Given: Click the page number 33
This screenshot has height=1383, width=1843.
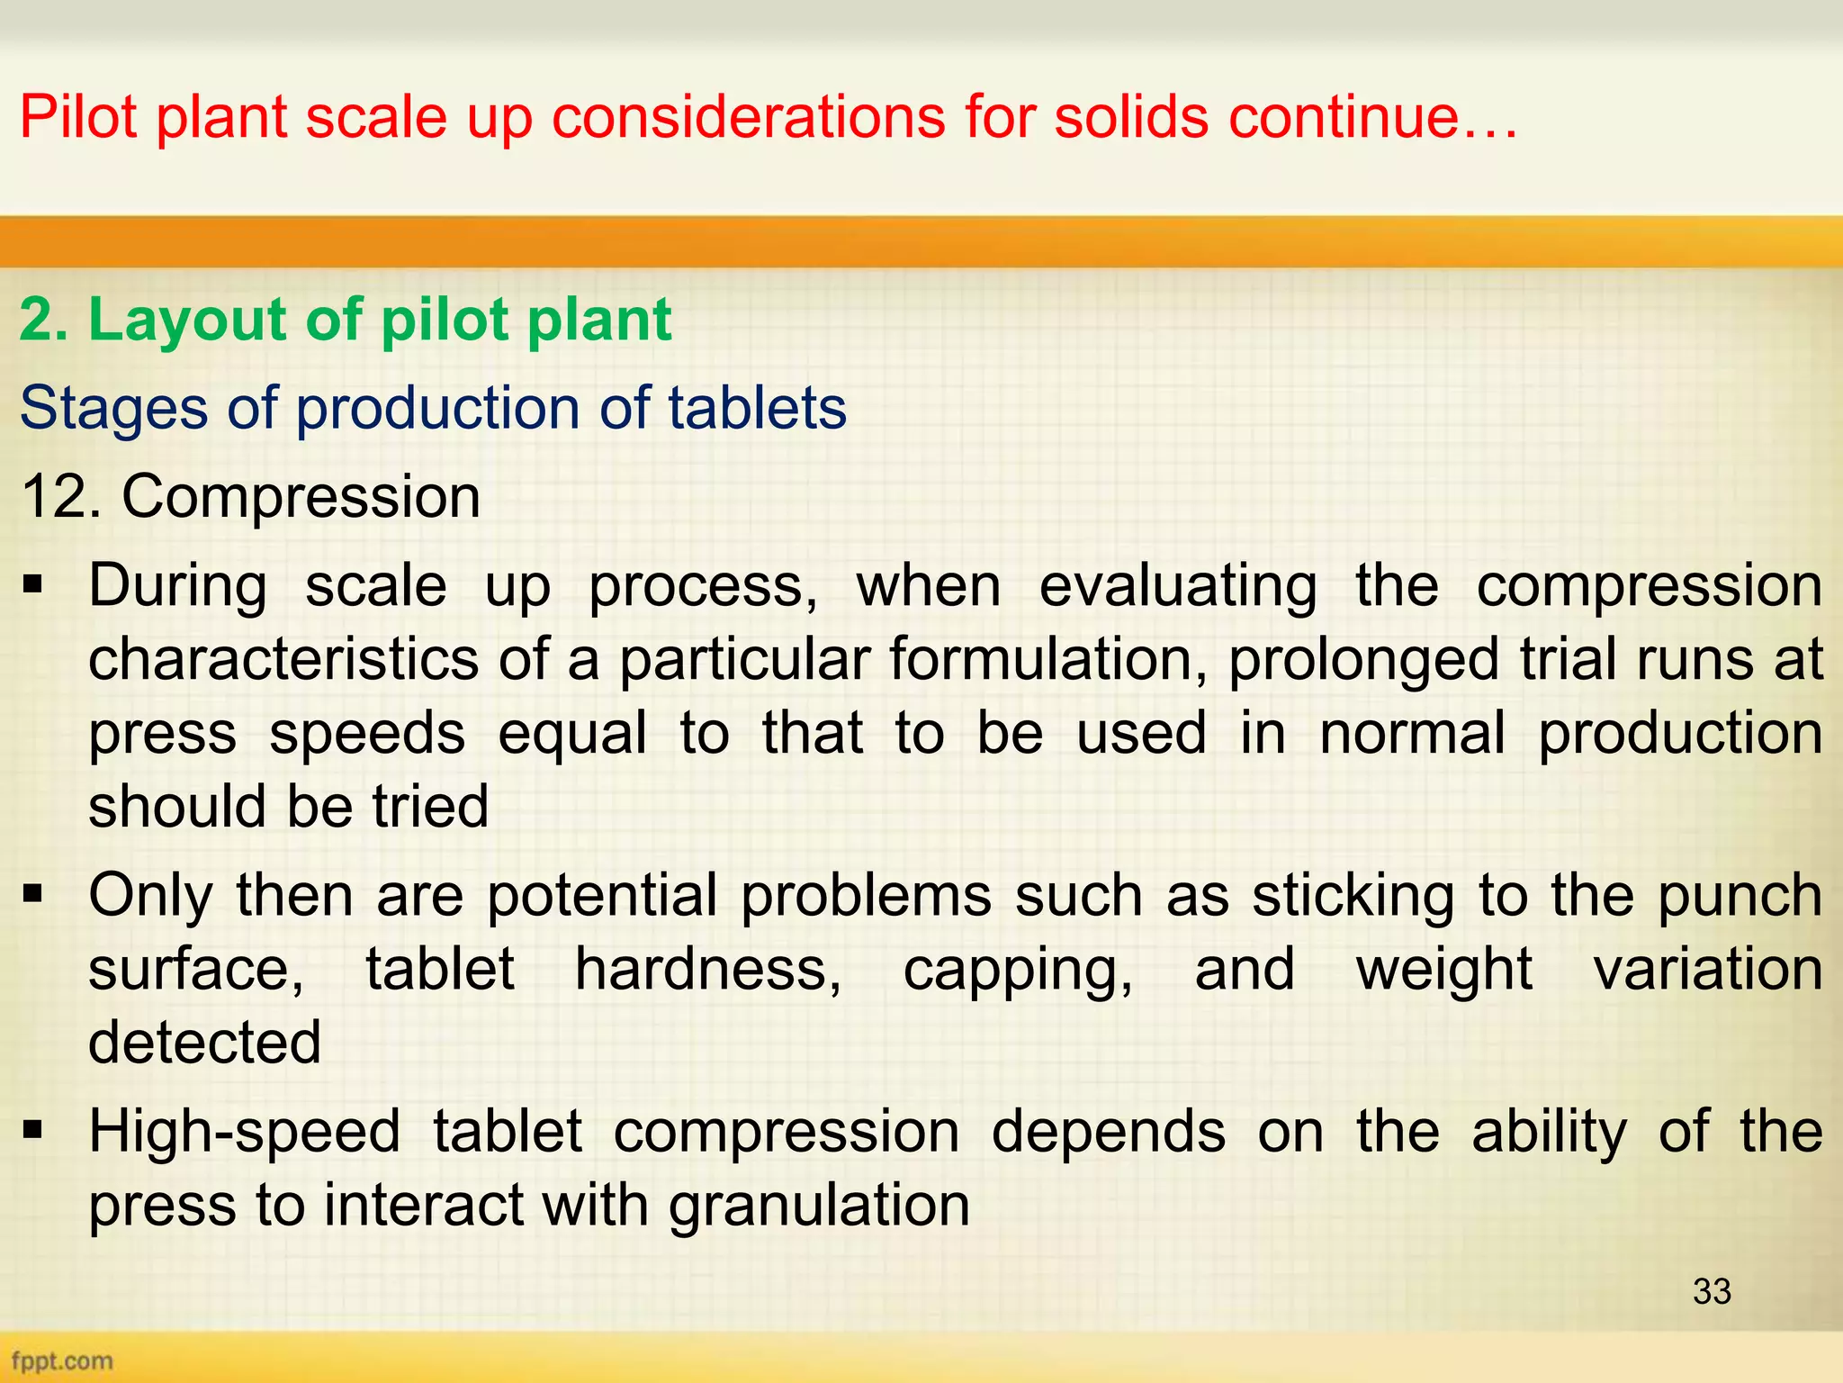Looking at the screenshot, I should click(x=1712, y=1291).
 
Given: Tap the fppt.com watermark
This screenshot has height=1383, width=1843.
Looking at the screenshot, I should click(x=62, y=1360).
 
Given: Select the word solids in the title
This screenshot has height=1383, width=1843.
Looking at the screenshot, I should click(x=1131, y=117).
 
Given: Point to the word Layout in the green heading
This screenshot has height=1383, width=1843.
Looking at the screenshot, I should click(x=189, y=320).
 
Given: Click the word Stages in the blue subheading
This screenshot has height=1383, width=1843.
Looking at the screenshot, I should click(x=113, y=408).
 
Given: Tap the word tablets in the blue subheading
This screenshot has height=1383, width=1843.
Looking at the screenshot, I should click(x=757, y=408).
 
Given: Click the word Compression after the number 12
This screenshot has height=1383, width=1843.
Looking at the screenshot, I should click(x=301, y=498).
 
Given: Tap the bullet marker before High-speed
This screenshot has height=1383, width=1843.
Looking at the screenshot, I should click(x=34, y=1129).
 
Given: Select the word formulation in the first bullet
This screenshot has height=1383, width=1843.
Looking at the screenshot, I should click(x=1048, y=660).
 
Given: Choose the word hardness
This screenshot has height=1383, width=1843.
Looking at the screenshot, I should click(x=708, y=969).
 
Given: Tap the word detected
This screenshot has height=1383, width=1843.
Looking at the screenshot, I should click(x=204, y=1043).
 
